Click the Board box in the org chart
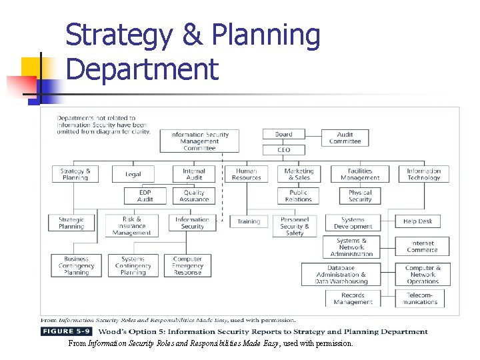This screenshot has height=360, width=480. (283, 135)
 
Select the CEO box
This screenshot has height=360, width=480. (283, 150)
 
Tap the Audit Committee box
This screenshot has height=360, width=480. (345, 138)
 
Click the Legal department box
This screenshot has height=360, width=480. (133, 175)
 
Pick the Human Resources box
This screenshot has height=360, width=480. (246, 175)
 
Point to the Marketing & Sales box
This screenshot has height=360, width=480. (299, 175)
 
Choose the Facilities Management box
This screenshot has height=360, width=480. (360, 175)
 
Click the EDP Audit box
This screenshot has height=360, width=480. (145, 196)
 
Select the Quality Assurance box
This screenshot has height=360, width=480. (194, 196)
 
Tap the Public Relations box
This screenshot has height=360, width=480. (299, 196)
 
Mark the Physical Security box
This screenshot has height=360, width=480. (360, 196)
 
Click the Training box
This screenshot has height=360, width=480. (249, 221)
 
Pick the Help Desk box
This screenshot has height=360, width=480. (418, 221)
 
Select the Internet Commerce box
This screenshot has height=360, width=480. (423, 247)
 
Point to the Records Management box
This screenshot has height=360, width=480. (353, 299)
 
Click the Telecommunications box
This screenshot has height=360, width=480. (423, 299)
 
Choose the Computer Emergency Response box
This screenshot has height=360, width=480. (187, 266)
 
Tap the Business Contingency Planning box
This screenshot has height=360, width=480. (77, 266)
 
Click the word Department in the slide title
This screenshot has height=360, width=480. (143, 69)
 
